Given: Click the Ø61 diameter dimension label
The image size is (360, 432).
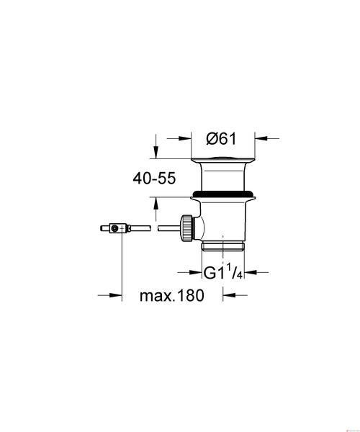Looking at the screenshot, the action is click(x=221, y=138).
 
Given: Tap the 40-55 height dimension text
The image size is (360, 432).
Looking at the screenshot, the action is click(x=154, y=179).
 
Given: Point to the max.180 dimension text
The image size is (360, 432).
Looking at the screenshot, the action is click(x=172, y=295).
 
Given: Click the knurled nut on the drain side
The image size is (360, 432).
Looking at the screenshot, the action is click(x=187, y=228).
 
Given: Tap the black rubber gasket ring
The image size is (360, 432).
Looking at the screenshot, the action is click(x=222, y=194).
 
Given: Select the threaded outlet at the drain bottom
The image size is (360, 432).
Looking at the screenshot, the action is click(x=222, y=246).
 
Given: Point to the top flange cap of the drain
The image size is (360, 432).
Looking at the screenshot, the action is click(x=223, y=161).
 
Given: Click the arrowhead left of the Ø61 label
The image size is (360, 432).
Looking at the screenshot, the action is click(x=185, y=138).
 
